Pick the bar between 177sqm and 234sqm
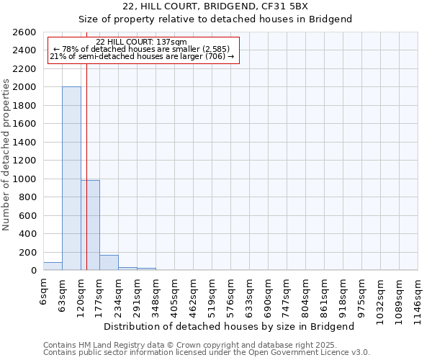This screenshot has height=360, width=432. [109, 263]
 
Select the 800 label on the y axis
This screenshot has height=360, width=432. [30, 197]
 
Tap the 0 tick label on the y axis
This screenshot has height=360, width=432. [35, 271]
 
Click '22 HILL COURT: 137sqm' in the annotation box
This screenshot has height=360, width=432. [141, 42]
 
